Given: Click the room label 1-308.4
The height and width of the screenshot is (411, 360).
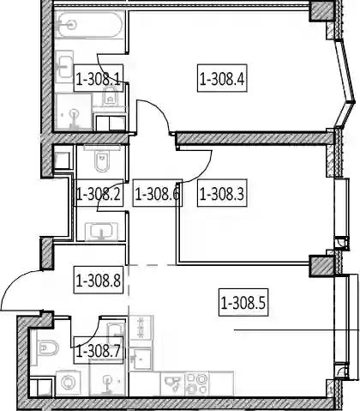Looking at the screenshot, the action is pos(222,78).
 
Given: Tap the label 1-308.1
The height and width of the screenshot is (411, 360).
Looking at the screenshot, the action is pos(99,78).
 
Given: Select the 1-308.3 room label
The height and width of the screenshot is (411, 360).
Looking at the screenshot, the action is pos(222,193).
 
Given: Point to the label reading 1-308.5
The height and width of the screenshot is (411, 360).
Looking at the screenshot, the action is pos(243,302).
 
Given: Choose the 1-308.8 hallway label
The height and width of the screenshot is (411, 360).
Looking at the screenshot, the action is pos(99,280).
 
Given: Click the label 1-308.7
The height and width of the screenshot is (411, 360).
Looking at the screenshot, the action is pos(99,350).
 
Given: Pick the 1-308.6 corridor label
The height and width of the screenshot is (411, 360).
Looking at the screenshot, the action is pos(158,193).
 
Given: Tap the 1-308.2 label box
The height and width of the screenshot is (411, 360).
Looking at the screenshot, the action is pos(99,193).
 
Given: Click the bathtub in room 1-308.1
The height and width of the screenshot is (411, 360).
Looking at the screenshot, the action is pos(89,25).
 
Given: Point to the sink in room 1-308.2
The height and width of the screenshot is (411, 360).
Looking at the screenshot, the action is pos(102,231).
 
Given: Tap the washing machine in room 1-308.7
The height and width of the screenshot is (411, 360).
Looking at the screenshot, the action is pos(69,383).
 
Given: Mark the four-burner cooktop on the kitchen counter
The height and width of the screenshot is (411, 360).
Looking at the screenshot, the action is pos(197,384).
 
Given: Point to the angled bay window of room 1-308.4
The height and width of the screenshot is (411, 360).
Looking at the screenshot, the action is pos(345,83).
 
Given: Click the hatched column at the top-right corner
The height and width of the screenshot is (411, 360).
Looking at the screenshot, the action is pos(322,11).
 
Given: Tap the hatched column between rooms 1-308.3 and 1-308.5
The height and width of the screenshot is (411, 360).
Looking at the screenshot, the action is pos(322,266).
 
